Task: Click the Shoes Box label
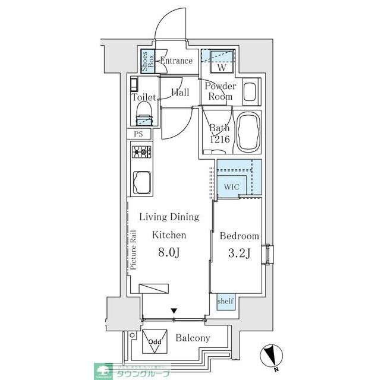click(x=145, y=61)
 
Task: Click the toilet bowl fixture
click(x=145, y=112)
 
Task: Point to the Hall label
click(x=180, y=93)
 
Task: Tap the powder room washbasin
click(x=250, y=92)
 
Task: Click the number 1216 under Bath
click(x=219, y=140)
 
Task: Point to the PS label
click(x=138, y=134)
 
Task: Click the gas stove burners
click(x=141, y=153)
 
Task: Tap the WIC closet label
click(x=231, y=187)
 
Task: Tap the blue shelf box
click(x=225, y=302)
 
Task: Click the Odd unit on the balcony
click(x=155, y=342)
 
